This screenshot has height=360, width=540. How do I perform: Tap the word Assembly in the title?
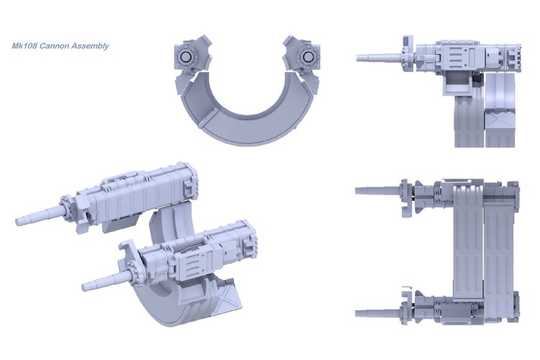(x=89, y=46)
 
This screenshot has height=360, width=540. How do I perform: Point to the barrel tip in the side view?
(x=359, y=58)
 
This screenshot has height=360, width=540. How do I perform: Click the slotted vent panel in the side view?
(x=458, y=57)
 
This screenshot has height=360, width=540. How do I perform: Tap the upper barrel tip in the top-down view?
(x=357, y=190)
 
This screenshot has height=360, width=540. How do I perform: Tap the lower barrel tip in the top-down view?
(x=357, y=313)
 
